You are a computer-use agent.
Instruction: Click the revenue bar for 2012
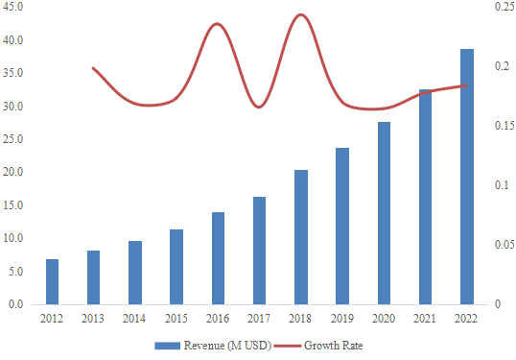pos(52,281)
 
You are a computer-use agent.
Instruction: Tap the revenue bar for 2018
pos(300,237)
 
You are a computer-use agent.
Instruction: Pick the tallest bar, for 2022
pos(466,177)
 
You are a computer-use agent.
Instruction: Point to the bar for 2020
pos(384,213)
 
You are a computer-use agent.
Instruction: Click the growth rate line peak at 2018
pos(300,15)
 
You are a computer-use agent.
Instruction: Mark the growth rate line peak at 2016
pos(218,24)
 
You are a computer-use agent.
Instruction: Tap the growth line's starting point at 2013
pos(93,68)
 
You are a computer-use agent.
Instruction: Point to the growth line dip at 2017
pos(259,107)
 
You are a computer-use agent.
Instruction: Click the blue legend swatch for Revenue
pos(167,345)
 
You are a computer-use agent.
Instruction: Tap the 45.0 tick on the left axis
pos(14,8)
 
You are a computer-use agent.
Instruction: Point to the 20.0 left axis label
pos(14,173)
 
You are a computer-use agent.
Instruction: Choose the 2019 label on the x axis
pos(342,317)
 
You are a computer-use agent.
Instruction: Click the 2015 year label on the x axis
pos(176,317)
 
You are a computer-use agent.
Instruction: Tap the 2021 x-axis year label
pos(425,317)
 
